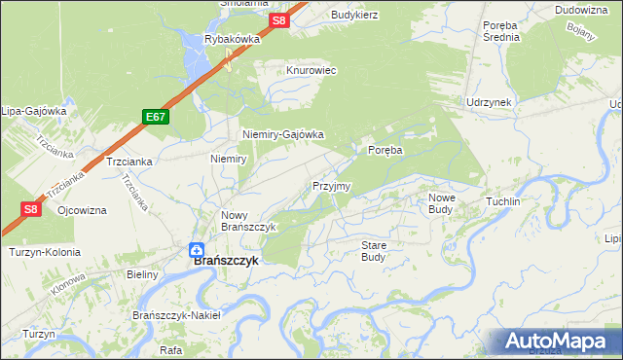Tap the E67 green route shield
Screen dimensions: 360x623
[x=155, y=117]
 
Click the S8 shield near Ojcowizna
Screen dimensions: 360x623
[x=30, y=208]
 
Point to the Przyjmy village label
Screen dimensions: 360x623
[x=331, y=186]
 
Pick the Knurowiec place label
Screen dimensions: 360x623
[x=311, y=71]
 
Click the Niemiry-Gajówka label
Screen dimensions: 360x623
[x=282, y=135]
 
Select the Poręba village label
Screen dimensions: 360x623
[x=385, y=150]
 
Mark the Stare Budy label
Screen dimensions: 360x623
[x=374, y=251]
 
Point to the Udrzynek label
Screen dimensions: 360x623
[x=489, y=102]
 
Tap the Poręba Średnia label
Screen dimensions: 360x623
[x=501, y=31]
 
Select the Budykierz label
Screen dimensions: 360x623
[x=354, y=15]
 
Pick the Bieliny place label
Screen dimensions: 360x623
[x=142, y=275]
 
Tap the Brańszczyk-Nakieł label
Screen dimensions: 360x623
[x=176, y=315]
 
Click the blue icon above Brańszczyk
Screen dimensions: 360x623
[x=196, y=248]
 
